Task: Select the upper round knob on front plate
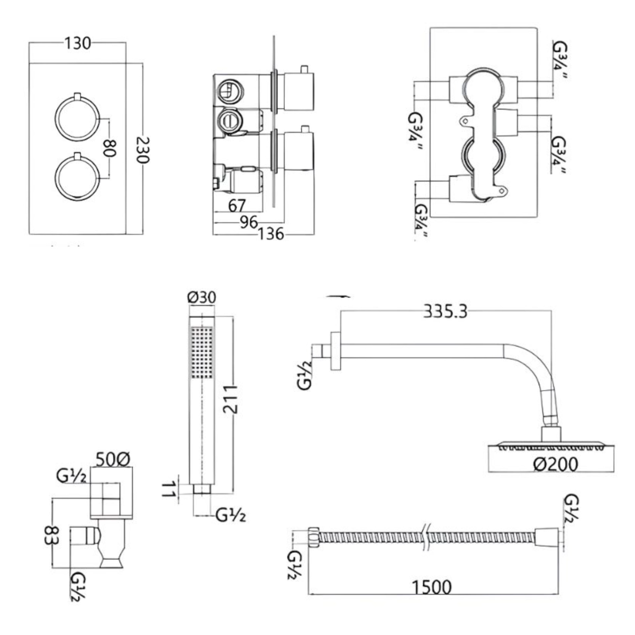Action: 77,117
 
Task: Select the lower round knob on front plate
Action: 77,177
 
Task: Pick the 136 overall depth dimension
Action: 271,233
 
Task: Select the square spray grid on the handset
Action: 202,352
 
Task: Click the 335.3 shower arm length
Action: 445,312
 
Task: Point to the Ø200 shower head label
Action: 555,464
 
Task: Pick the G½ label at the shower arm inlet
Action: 306,374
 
